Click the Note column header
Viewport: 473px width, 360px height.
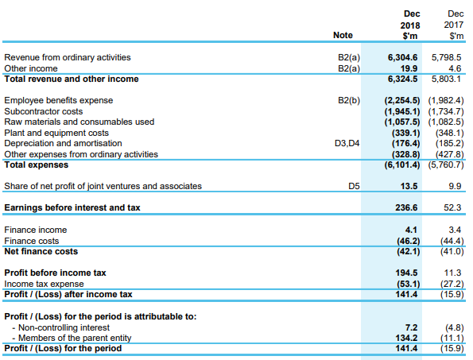click(x=343, y=35)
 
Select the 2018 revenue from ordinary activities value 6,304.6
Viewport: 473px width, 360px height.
click(x=402, y=57)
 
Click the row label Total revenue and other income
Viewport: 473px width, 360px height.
click(x=72, y=79)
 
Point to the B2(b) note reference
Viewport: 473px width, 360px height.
click(x=349, y=100)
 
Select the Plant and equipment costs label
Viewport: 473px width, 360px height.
click(x=56, y=133)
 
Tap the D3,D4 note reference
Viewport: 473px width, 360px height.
click(x=347, y=143)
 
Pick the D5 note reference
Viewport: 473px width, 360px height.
click(x=354, y=186)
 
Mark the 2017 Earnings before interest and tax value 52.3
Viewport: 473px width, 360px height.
click(x=452, y=207)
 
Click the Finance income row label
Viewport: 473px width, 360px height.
click(x=36, y=230)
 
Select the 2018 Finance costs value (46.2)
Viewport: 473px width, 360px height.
click(x=408, y=242)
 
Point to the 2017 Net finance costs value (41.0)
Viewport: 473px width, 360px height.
click(x=452, y=252)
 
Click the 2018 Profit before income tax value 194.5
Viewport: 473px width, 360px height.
click(x=406, y=273)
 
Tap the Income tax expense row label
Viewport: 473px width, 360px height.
click(x=44, y=284)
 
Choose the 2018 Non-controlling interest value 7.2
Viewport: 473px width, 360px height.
click(x=411, y=327)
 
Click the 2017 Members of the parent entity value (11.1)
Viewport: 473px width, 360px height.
click(x=452, y=339)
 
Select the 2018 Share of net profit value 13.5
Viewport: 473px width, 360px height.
click(x=409, y=186)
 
